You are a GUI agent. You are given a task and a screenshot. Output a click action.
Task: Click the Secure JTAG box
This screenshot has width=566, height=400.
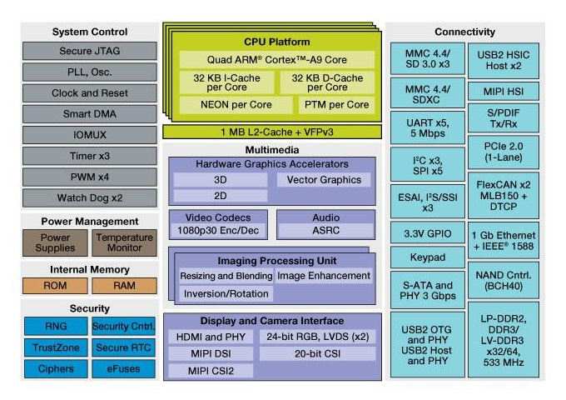90,52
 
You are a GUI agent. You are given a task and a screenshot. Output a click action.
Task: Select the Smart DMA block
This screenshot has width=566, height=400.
90,114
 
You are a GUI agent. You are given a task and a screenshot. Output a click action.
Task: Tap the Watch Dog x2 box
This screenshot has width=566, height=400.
90,197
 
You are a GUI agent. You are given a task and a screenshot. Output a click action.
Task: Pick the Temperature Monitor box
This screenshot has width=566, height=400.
124,242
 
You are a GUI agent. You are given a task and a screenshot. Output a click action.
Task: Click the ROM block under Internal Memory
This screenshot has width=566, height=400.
56,286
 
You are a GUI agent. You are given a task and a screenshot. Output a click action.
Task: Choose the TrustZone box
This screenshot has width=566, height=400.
56,347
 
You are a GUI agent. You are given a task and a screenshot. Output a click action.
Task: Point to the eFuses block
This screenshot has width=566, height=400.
124,368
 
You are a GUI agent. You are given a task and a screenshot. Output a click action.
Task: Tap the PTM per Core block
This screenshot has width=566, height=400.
335,105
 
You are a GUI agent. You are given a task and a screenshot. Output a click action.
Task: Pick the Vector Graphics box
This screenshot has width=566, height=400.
324,179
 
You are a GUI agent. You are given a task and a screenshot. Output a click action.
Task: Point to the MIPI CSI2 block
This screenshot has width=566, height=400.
209,370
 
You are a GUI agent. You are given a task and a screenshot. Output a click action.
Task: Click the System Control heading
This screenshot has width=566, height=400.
90,32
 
